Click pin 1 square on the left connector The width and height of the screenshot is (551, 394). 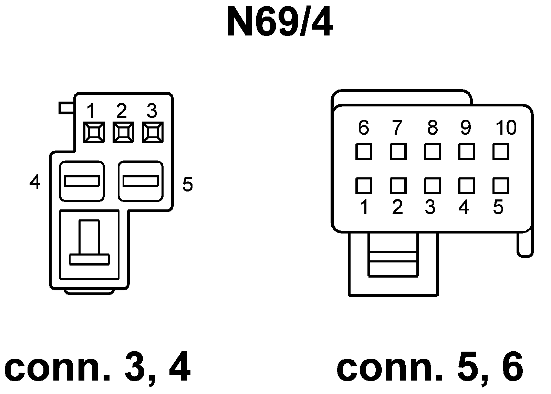pyautogui.click(x=94, y=133)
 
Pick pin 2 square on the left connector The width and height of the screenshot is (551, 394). pyautogui.click(x=123, y=133)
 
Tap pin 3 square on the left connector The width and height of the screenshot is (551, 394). pyautogui.click(x=153, y=133)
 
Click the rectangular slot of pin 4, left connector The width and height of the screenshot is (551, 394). pyautogui.click(x=82, y=181)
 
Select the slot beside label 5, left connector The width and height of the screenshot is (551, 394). pyautogui.click(x=141, y=181)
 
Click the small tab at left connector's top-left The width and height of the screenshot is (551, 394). pyautogui.click(x=66, y=108)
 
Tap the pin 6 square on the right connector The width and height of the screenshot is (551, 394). pyautogui.click(x=363, y=151)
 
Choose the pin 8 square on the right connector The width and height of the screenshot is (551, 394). pyautogui.click(x=432, y=151)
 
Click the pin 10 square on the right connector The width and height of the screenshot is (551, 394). pyautogui.click(x=500, y=151)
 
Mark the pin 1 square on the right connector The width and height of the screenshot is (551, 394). pyautogui.click(x=363, y=186)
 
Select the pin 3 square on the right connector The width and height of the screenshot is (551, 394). pyautogui.click(x=432, y=186)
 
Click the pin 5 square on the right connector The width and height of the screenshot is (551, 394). pyautogui.click(x=500, y=186)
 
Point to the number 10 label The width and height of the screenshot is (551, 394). pyautogui.click(x=506, y=128)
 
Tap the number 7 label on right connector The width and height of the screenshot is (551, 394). pyautogui.click(x=397, y=128)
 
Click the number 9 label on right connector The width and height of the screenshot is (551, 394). pyautogui.click(x=465, y=128)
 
